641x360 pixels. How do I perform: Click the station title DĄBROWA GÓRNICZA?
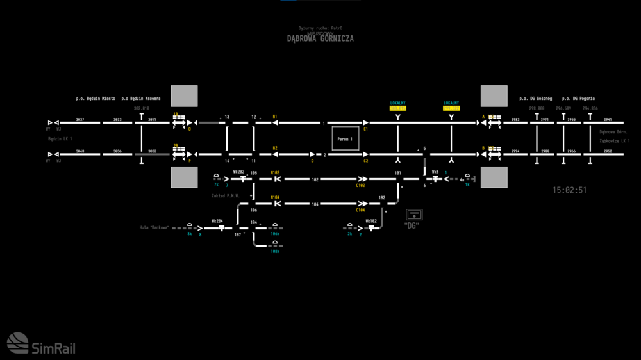point(320,38)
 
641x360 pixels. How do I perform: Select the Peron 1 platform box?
point(345,139)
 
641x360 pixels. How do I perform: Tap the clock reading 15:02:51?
point(569,190)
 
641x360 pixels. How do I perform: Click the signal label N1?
point(275,117)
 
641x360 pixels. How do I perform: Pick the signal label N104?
point(275,197)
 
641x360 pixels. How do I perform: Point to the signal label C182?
point(360,186)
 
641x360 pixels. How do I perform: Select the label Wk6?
point(435,172)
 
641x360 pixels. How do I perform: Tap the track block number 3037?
point(80,120)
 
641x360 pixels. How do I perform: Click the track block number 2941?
point(608,120)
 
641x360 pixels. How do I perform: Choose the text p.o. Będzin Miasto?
point(96,99)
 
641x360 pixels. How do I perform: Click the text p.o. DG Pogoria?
point(578,99)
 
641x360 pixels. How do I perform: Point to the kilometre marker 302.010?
point(141,109)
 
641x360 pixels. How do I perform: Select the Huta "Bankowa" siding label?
point(154,227)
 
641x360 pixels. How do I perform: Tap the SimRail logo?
point(41,344)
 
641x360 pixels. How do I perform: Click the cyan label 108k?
point(274,252)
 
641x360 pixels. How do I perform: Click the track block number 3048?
point(80,151)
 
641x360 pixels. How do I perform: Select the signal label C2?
point(366,161)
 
